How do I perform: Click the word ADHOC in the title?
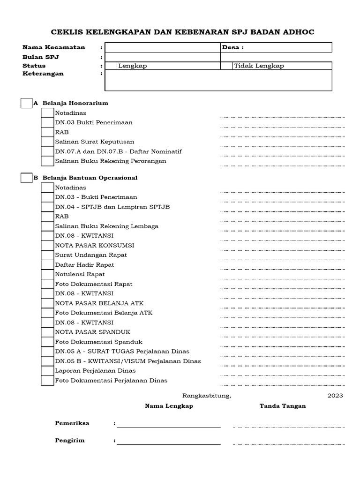tap(298, 32)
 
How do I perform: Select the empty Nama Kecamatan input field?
tap(163, 47)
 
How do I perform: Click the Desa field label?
tap(233, 47)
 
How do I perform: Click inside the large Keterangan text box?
tap(218, 80)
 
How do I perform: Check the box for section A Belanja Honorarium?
tap(26, 103)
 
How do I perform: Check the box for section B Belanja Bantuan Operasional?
tap(26, 178)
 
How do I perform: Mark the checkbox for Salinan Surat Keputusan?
tap(47, 142)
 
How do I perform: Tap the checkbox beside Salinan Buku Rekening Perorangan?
tap(47, 161)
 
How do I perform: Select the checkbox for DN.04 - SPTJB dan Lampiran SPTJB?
tap(47, 207)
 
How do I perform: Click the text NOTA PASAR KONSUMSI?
tap(95, 245)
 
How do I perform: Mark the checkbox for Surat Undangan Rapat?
tap(47, 255)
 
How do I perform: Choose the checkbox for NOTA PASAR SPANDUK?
tap(47, 332)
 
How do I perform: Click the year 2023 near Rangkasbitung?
tap(335, 395)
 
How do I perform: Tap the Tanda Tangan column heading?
tap(283, 406)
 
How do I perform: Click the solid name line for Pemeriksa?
tap(169, 427)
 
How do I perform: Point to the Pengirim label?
tap(70, 441)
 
